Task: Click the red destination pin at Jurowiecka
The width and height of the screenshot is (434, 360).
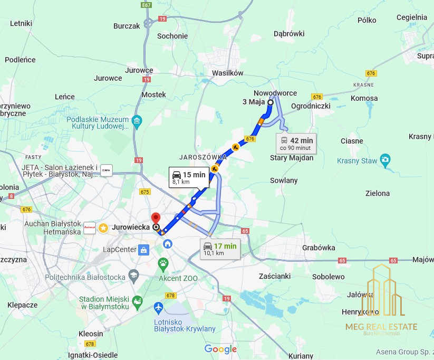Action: coord(156,217)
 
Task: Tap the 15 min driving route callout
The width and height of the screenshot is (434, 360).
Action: coord(188,177)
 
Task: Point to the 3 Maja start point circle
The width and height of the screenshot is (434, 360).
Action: coord(271,102)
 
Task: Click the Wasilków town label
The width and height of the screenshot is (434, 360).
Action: coord(227,73)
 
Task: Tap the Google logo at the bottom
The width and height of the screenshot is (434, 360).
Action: coord(220,349)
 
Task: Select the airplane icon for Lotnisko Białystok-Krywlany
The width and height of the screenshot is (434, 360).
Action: coord(159,307)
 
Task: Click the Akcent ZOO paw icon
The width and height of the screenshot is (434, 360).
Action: coord(164,262)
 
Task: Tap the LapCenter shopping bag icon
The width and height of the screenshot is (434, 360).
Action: coord(143,250)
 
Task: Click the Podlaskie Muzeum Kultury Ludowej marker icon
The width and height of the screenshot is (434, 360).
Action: coord(137,121)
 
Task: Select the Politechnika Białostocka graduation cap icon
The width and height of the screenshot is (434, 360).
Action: coord(134,277)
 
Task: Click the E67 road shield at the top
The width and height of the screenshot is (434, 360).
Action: coord(147,5)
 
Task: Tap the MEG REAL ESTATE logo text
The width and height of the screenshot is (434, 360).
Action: coord(381,327)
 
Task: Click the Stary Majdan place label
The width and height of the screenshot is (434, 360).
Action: coord(292,158)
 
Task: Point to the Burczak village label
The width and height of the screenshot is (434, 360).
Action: coord(127,25)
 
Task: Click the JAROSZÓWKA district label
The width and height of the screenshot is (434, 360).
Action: coord(202,157)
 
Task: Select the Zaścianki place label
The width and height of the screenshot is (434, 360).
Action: coord(275,276)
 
